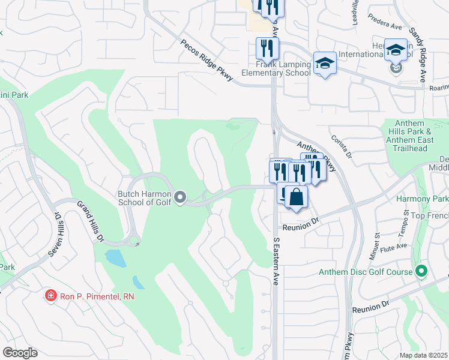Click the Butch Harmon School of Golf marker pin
click(179, 197)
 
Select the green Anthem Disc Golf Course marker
click(421, 272)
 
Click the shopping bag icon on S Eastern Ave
click(296, 197)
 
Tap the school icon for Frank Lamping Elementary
click(325, 63)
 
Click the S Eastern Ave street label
click(277, 262)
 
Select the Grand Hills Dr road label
click(89, 221)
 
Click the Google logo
click(20, 353)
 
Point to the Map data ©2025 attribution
click(424, 355)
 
